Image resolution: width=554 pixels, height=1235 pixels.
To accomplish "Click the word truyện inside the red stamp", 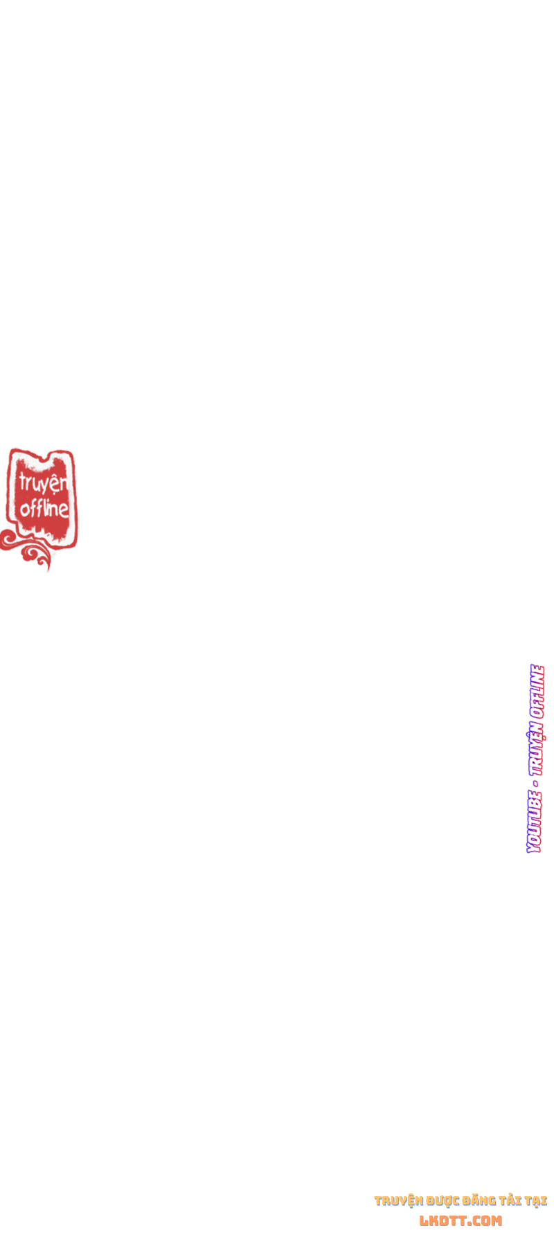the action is [x=43, y=483].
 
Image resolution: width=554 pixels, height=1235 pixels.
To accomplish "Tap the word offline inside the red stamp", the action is [x=44, y=509].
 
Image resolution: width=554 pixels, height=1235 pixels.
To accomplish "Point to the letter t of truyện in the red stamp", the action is [x=22, y=481].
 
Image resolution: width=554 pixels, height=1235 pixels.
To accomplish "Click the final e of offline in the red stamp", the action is [x=64, y=510].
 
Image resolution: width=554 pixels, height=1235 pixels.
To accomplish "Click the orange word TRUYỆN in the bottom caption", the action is [x=398, y=1200].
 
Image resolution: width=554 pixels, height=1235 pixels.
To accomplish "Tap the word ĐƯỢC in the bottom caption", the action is [x=443, y=1200].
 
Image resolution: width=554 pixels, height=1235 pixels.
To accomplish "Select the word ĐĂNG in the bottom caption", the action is [x=480, y=1200].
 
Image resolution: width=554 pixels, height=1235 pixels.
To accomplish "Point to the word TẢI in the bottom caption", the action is [x=510, y=1200].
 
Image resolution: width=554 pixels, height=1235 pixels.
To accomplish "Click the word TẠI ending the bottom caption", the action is [x=535, y=1200].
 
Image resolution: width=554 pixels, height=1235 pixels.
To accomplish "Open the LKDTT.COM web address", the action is [x=461, y=1220].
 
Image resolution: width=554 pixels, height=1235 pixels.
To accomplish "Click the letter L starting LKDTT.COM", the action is [x=424, y=1220].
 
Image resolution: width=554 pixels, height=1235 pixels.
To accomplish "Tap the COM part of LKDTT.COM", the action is [x=487, y=1220].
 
